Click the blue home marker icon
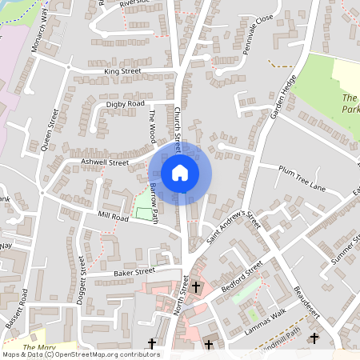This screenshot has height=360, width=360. pyautogui.click(x=180, y=172)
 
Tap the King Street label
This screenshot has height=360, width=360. pyautogui.click(x=122, y=71)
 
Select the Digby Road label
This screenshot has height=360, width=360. pyautogui.click(x=126, y=104)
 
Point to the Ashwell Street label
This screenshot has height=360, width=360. pyautogui.click(x=105, y=162)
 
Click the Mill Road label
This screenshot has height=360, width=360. pyautogui.click(x=113, y=216)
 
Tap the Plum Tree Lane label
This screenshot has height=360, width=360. pyautogui.click(x=302, y=178)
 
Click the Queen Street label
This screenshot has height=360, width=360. pyautogui.click(x=50, y=130)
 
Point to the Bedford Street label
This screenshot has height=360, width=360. pyautogui.click(x=243, y=276)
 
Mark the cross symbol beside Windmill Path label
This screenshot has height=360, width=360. pyautogui.click(x=314, y=338)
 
